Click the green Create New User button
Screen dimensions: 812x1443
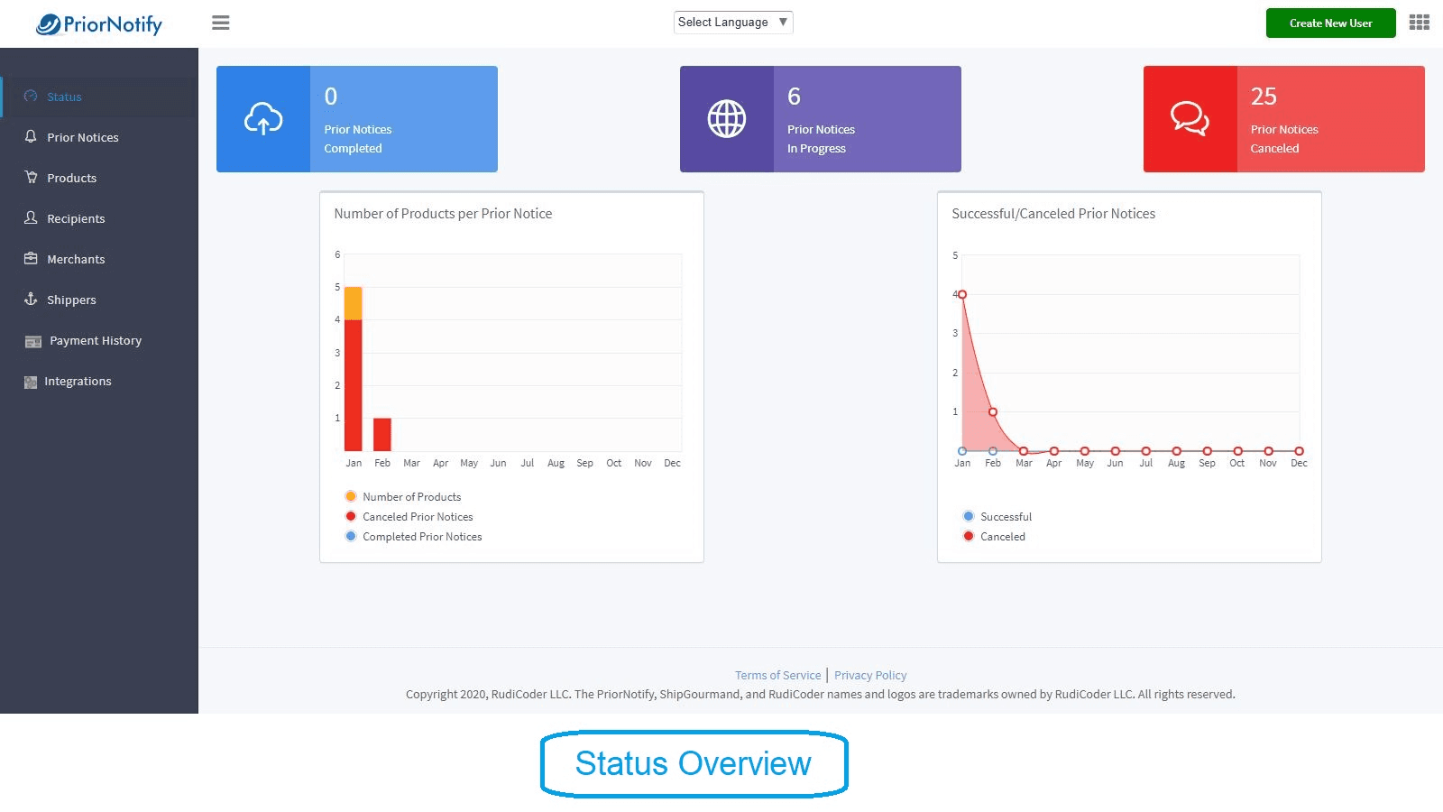[x=1330, y=23]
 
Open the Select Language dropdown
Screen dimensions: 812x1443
[x=732, y=23]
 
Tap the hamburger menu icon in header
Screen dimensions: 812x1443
[x=221, y=23]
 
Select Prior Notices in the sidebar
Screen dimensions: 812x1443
[x=82, y=137]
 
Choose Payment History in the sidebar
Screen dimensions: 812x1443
[x=95, y=340]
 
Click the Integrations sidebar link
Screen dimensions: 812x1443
[x=78, y=381]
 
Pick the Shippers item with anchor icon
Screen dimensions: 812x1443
[x=70, y=300]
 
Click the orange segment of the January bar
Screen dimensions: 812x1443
[x=354, y=303]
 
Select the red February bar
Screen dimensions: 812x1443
[x=382, y=434]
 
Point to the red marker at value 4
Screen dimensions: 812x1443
[x=962, y=295]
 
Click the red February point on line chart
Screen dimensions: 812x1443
[x=993, y=411]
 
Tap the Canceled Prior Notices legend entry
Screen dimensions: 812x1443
[x=417, y=517]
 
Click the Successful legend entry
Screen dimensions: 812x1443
[x=1005, y=517]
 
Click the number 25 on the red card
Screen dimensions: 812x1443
[x=1264, y=97]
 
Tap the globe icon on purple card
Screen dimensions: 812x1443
[x=727, y=119]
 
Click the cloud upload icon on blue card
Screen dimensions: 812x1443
[x=263, y=119]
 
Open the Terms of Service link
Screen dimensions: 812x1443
[x=777, y=675]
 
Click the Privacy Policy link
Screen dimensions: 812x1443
[x=870, y=675]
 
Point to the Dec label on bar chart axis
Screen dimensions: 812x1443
[x=672, y=463]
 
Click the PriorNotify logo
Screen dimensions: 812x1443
[x=99, y=24]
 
